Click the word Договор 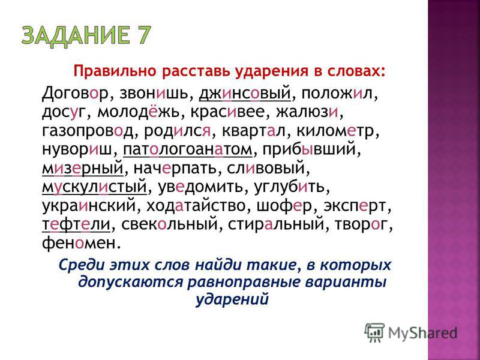tap(76, 94)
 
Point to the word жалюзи tap(308, 113)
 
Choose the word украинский tap(88, 207)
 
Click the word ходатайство tap(196, 207)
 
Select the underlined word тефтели tap(76, 226)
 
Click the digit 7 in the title tap(142, 35)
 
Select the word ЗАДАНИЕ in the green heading tap(74, 36)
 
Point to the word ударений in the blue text tap(232, 299)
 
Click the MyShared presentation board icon tap(374, 332)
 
